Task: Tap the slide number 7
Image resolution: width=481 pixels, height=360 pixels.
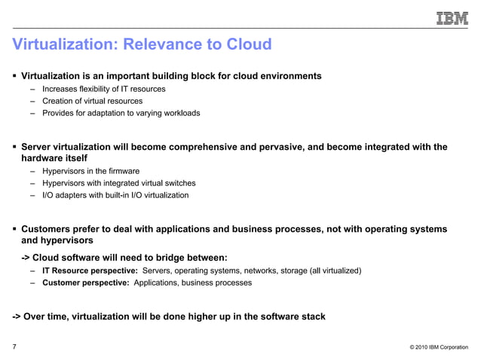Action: pos(14,347)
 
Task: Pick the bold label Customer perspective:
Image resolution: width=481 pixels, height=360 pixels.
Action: pos(85,283)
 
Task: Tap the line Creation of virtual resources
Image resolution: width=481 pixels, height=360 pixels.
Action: pos(92,101)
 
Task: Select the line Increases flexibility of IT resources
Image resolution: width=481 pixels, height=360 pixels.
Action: pos(104,89)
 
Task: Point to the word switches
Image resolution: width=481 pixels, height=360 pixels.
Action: pos(180,183)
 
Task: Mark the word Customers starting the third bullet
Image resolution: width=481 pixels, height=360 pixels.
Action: pos(47,229)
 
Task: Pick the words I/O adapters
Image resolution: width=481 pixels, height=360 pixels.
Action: pos(63,195)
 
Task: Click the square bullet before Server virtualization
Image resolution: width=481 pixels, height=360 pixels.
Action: pos(14,147)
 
